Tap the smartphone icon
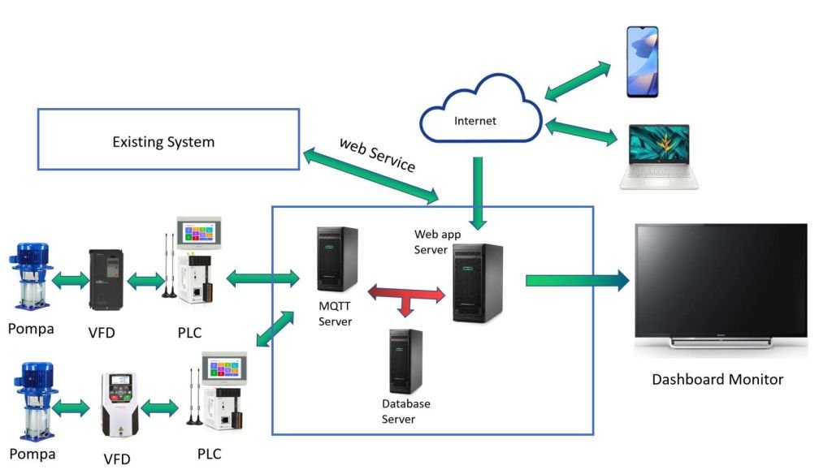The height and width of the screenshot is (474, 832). point(642,62)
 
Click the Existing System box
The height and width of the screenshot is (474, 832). point(163,141)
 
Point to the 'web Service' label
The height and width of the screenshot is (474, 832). point(377,154)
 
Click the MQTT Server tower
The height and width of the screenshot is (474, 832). point(338,259)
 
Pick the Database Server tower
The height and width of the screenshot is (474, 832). point(405,361)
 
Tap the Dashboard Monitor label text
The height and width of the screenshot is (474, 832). point(717,379)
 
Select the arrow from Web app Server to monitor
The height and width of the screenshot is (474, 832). point(577,280)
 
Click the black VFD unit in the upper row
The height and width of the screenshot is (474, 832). point(106,279)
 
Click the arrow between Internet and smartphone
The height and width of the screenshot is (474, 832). point(578,80)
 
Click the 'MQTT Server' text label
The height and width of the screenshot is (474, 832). point(334,314)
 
